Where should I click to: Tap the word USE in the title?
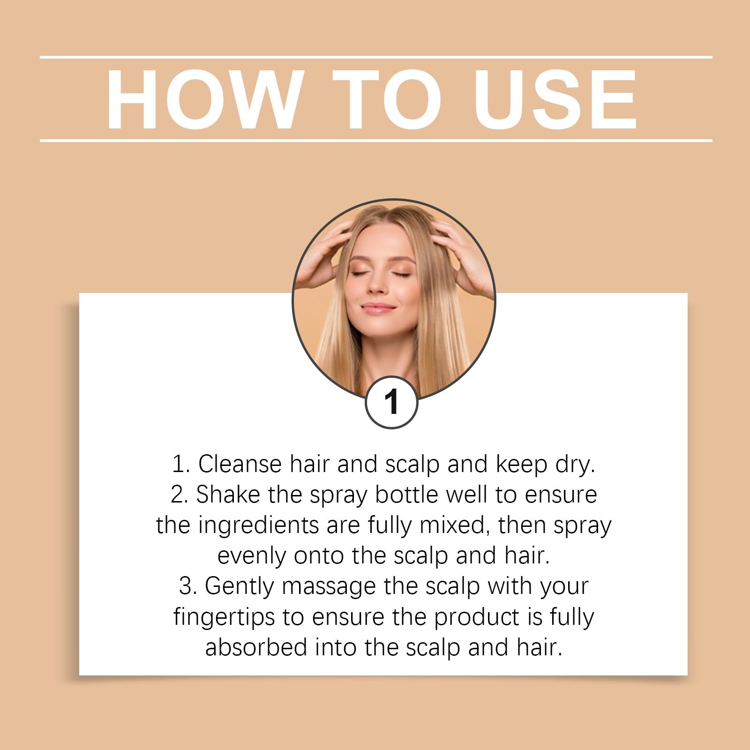[555, 99]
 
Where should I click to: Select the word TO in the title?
[387, 99]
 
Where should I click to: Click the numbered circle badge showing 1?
[391, 402]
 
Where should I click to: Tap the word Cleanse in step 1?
[240, 464]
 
